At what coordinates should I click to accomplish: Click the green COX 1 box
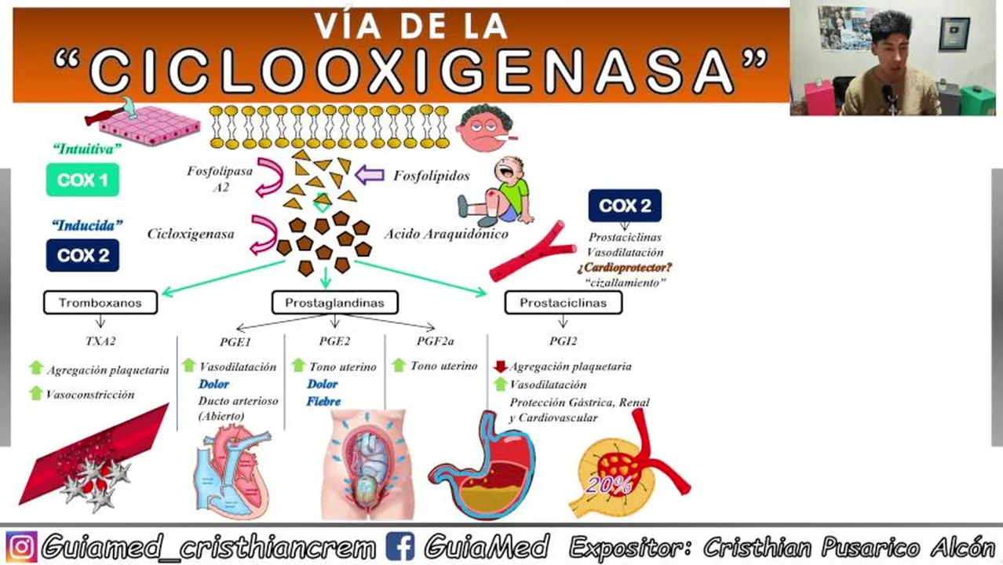82,180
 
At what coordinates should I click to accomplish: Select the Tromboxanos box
100,303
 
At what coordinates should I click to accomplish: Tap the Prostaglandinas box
334,303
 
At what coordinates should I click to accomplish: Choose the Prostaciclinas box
563,303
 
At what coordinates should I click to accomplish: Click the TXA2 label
100,341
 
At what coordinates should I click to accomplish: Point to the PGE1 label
235,341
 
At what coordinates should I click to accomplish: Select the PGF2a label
435,341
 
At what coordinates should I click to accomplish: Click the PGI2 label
563,341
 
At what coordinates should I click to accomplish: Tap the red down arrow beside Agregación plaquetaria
500,366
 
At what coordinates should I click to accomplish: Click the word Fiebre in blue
323,402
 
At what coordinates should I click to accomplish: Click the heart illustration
232,471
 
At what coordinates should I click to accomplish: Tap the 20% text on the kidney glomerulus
608,485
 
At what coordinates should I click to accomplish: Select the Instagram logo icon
21,546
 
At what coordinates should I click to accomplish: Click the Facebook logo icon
401,546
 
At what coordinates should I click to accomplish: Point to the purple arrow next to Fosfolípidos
369,174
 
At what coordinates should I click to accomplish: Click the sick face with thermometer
485,128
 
